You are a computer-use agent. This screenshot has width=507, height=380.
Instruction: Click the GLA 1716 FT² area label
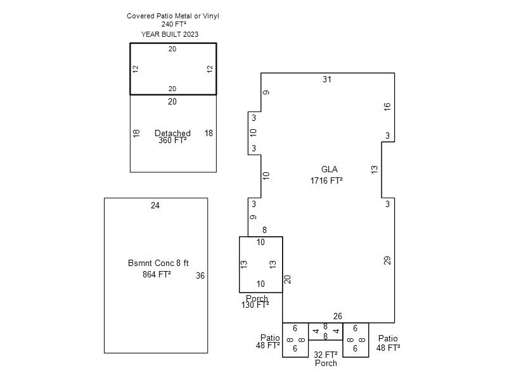pyautogui.click(x=326, y=175)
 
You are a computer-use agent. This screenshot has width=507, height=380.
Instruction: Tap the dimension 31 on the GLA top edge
pyautogui.click(x=327, y=80)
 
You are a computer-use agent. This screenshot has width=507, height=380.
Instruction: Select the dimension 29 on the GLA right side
pyautogui.click(x=387, y=260)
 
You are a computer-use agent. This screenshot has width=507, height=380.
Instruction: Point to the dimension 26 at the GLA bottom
pyautogui.click(x=338, y=316)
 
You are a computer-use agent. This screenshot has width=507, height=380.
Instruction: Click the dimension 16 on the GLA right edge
pyautogui.click(x=387, y=106)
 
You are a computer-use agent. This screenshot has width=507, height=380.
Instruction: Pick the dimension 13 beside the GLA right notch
pyautogui.click(x=374, y=169)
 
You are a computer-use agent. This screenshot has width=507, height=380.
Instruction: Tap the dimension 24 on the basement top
pyautogui.click(x=155, y=205)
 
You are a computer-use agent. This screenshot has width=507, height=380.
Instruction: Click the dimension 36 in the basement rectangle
pyautogui.click(x=200, y=275)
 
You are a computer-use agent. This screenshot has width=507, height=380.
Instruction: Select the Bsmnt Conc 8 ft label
pyautogui.click(x=158, y=263)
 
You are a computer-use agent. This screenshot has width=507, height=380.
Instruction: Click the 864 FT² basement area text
pyautogui.click(x=157, y=274)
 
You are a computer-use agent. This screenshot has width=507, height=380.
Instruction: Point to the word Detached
pyautogui.click(x=172, y=133)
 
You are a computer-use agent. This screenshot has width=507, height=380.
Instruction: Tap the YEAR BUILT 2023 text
pyautogui.click(x=170, y=34)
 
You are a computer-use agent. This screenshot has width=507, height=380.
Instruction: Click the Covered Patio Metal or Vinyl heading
pyautogui.click(x=173, y=16)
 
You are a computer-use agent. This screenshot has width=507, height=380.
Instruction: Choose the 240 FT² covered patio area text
pyautogui.click(x=174, y=24)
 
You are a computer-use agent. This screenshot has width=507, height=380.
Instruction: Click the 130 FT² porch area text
pyautogui.click(x=255, y=305)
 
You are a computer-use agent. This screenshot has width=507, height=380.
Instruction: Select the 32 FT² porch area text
pyautogui.click(x=326, y=355)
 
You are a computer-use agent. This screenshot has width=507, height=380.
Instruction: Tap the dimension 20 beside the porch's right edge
pyautogui.click(x=287, y=279)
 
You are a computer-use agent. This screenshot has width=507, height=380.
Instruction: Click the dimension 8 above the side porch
pyautogui.click(x=264, y=230)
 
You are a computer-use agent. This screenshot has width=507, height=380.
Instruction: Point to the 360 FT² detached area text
pyautogui.click(x=172, y=140)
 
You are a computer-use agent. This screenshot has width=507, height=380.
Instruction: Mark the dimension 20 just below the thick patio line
pyautogui.click(x=172, y=101)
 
